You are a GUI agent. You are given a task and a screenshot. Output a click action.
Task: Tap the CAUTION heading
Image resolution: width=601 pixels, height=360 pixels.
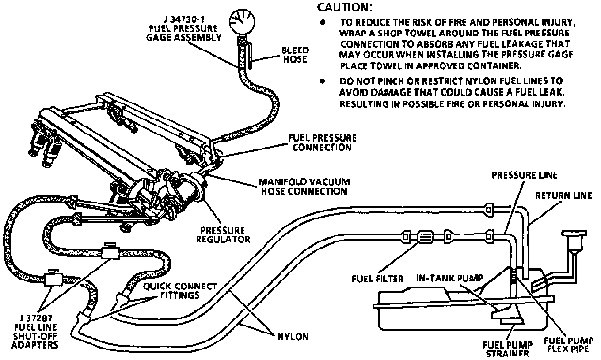[x=345, y=8]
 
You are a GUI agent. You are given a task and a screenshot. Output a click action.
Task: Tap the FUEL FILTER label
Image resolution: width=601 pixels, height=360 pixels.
[x=377, y=279]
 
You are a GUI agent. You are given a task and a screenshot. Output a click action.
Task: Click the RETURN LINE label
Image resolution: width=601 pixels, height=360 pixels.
[x=563, y=195]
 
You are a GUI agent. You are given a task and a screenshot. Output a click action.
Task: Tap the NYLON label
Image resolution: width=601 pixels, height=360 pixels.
[x=293, y=337]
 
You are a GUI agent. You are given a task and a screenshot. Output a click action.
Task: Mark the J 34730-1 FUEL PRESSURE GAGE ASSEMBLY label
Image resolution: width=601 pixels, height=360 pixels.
[x=184, y=27]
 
